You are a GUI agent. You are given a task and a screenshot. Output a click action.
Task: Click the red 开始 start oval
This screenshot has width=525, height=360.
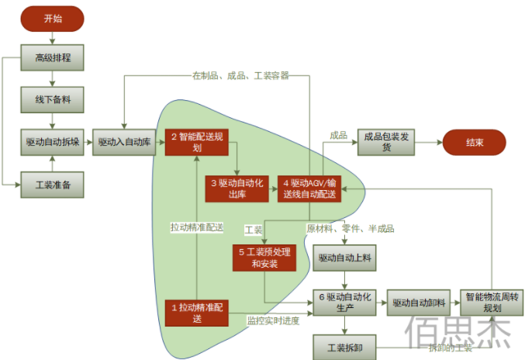coord(52,19)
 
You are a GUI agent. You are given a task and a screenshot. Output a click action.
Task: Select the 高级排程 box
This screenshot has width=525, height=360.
coord(52,58)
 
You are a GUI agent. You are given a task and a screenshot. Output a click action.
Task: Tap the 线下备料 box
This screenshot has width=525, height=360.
coord(52,100)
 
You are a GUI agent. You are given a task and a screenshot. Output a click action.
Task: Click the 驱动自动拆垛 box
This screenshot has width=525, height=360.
coord(52,142)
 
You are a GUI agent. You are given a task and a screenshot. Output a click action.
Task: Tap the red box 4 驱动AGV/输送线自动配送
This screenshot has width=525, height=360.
coord(308,189)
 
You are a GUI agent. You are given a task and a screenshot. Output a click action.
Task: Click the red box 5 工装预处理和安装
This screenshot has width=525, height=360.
coord(265,258)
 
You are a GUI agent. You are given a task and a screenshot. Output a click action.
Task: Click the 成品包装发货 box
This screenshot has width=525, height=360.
coord(387,142)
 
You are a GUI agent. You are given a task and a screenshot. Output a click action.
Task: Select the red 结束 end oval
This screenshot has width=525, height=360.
coord(474,143)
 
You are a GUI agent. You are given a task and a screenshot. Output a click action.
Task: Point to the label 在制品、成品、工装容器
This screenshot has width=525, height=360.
coord(240,75)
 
